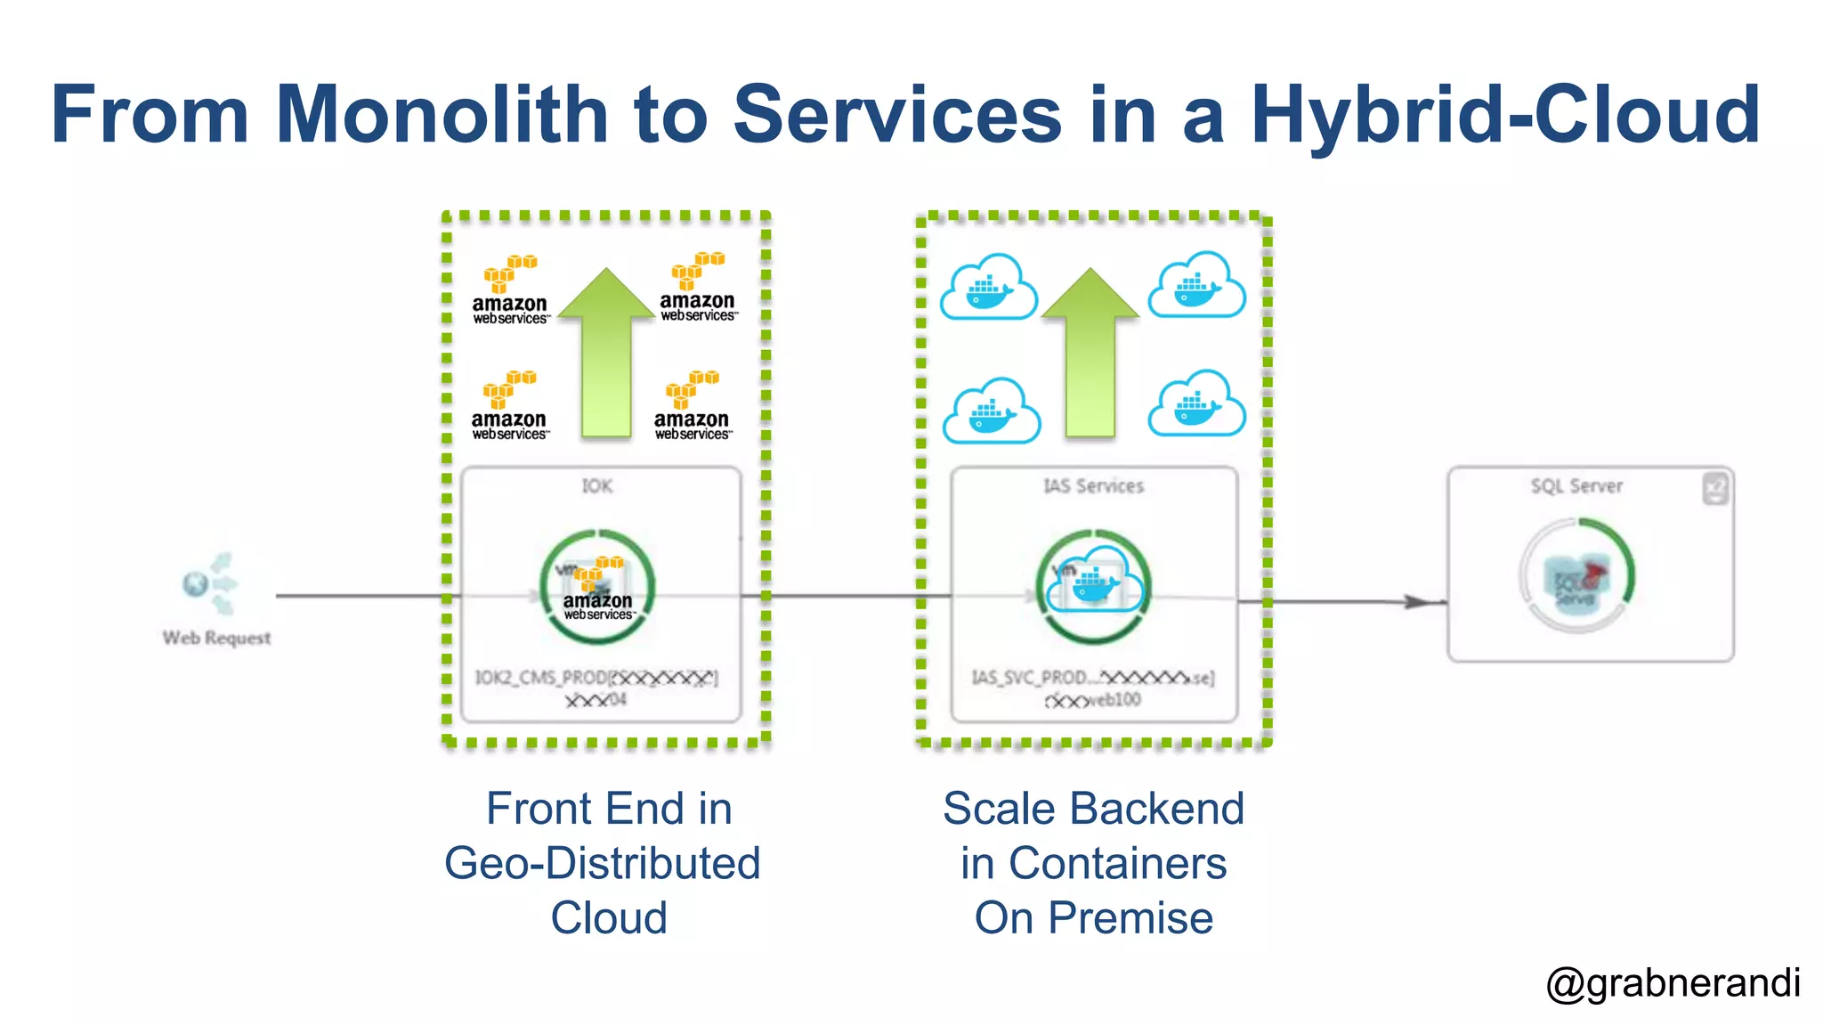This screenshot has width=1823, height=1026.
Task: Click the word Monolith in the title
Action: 442,114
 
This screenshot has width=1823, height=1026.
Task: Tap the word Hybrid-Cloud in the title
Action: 1505,114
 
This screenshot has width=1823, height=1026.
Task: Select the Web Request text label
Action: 216,638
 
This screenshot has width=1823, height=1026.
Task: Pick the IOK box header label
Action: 597,486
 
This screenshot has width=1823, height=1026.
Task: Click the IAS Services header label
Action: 1093,486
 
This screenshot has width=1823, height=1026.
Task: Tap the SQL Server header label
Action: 1576,486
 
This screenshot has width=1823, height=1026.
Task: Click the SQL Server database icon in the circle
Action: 1576,579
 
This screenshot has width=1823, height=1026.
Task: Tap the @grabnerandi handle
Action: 1673,983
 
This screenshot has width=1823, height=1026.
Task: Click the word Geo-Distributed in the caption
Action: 603,863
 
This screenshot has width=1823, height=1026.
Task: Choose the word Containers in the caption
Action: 1117,863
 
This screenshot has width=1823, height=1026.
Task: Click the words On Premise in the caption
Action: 1093,918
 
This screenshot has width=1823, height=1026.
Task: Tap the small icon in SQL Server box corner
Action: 1715,488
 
